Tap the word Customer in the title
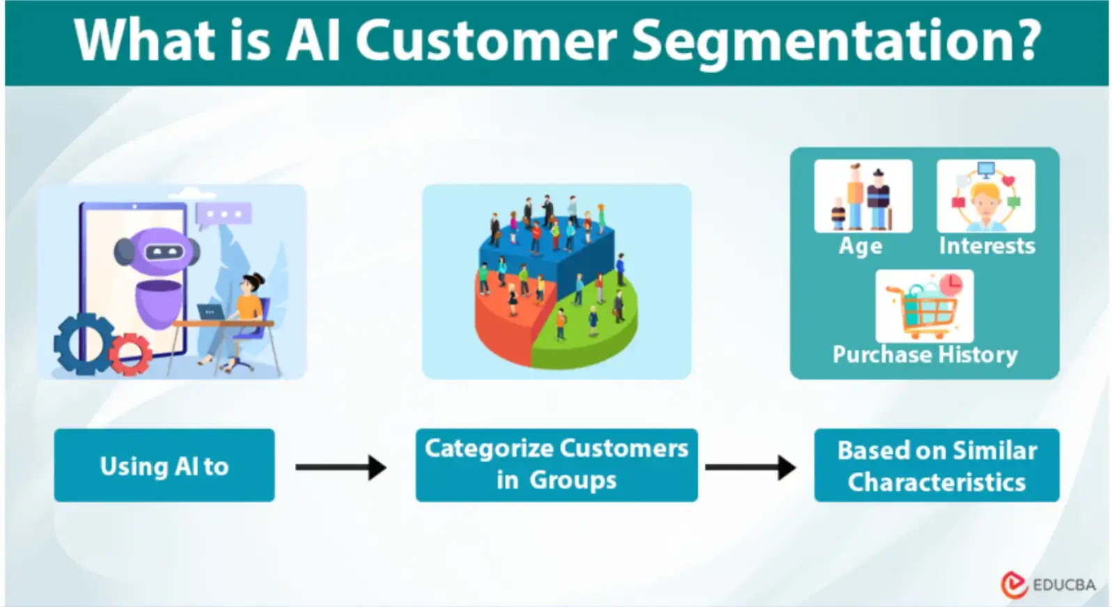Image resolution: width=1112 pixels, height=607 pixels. click(485, 40)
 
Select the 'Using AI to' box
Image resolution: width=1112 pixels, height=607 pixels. click(164, 465)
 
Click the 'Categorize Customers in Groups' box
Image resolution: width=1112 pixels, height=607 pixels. click(556, 464)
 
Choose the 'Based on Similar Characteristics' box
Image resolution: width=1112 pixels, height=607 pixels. click(937, 465)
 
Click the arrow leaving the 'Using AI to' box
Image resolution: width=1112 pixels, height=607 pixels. click(340, 466)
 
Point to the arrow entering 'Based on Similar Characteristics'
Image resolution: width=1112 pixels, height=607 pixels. click(750, 466)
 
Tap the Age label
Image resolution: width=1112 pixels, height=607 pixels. click(861, 246)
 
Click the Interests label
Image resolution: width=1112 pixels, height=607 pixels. click(987, 246)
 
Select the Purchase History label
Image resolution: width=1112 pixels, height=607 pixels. click(925, 354)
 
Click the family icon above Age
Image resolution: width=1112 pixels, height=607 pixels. click(863, 196)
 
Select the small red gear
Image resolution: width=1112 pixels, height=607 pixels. click(130, 352)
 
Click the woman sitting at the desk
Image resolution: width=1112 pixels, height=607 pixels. click(245, 313)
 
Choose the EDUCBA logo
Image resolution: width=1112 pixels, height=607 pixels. click(1048, 584)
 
